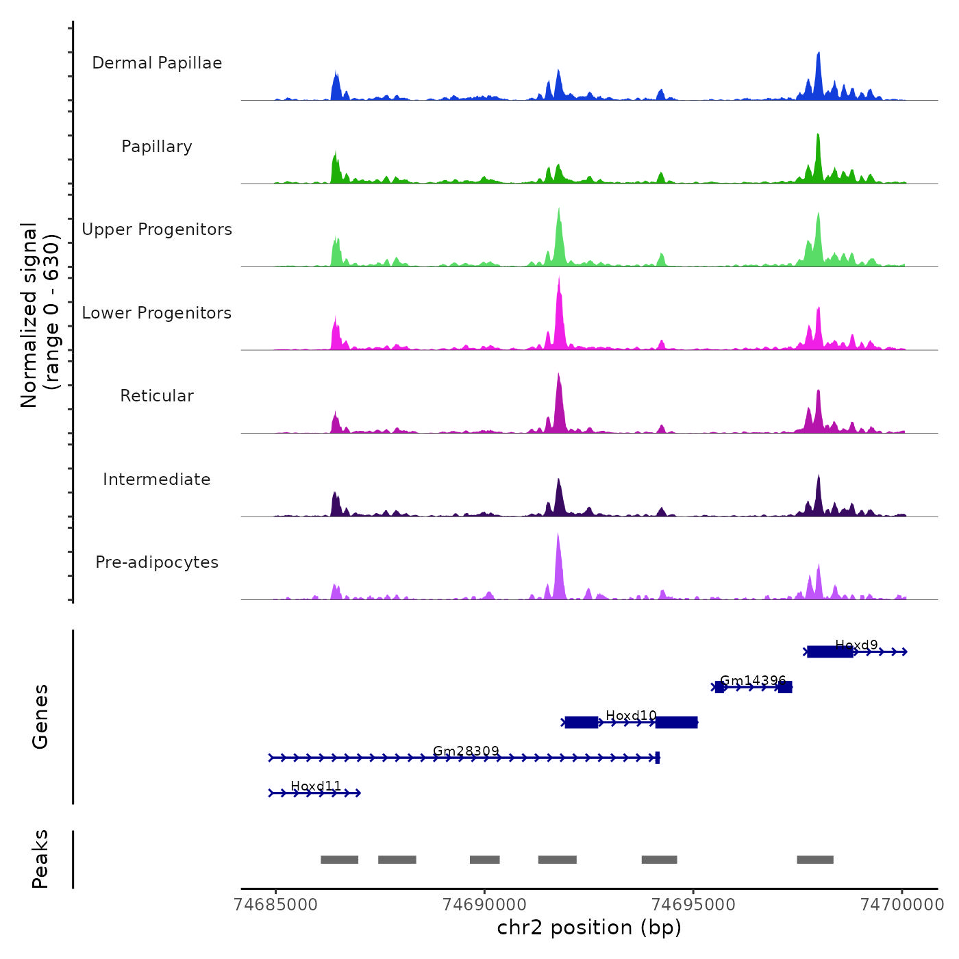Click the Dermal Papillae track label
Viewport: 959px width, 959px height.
(157, 63)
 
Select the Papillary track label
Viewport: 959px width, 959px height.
(157, 147)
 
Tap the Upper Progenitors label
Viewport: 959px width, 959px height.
(157, 229)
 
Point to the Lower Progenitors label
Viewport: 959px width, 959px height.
(157, 313)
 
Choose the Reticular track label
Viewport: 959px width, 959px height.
(157, 396)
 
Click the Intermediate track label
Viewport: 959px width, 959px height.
(157, 480)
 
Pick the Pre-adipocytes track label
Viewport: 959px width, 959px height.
(157, 562)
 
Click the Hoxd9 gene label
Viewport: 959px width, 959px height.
(856, 645)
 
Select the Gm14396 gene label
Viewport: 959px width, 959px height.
(753, 681)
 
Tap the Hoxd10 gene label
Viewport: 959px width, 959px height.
(631, 716)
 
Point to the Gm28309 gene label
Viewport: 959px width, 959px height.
(466, 751)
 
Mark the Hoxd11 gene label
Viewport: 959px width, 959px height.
(316, 786)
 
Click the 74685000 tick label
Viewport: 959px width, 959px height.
(276, 905)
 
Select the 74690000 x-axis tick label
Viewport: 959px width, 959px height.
(485, 905)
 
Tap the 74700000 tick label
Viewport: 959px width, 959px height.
(901, 905)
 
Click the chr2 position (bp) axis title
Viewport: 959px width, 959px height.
(589, 927)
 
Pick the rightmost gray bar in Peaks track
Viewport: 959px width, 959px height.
(815, 860)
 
